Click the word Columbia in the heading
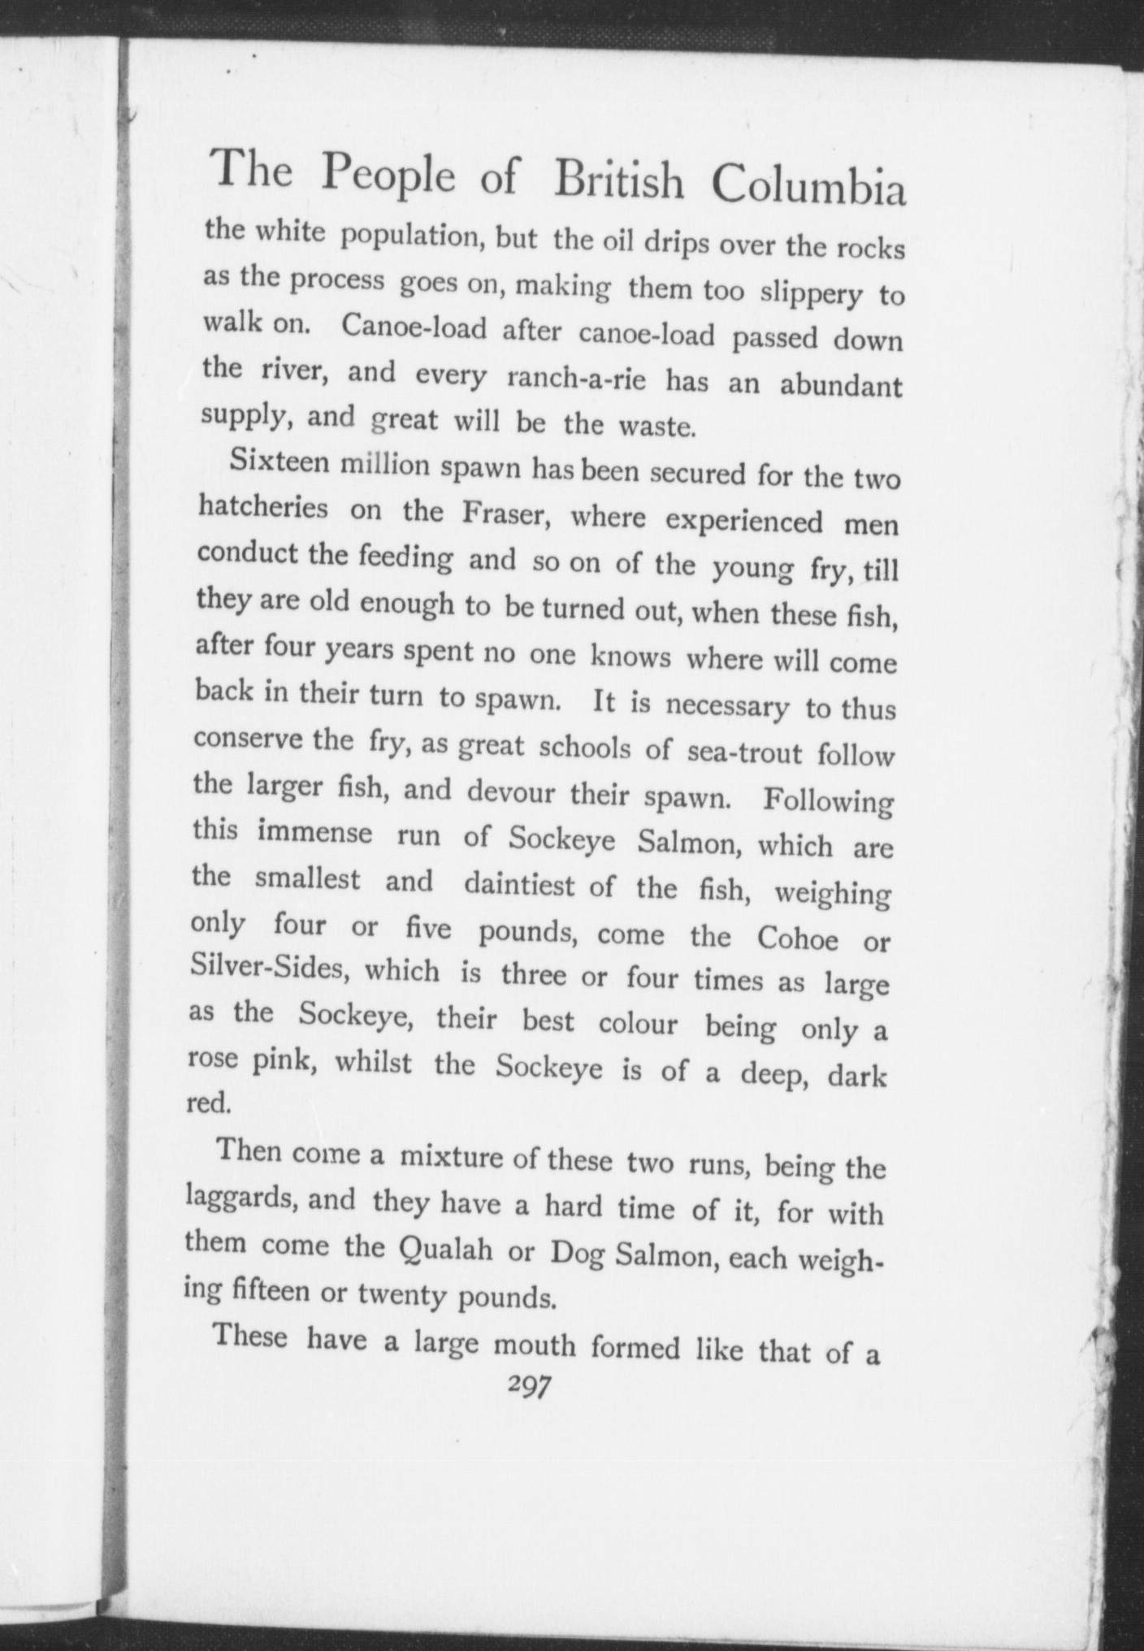808,186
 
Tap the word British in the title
618,180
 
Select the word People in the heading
388,172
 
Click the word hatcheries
263,508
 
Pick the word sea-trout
743,752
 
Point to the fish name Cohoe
797,938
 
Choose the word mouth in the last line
535,1345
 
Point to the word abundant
841,385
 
